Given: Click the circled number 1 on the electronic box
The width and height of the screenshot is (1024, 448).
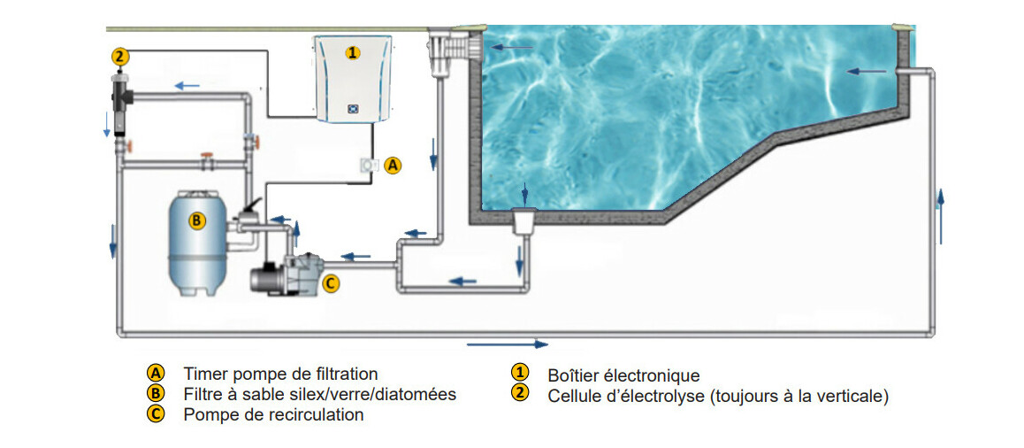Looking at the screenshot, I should [x=352, y=53].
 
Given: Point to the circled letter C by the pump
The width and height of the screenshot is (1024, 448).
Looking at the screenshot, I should [x=330, y=283].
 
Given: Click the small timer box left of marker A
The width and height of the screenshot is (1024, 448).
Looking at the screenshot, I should [x=368, y=166].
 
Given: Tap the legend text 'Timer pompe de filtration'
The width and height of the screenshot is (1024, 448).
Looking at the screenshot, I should [x=280, y=374].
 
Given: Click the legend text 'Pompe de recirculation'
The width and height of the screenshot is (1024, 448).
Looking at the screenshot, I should [x=273, y=414].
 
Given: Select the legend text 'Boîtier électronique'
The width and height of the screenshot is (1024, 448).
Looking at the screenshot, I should [x=623, y=375].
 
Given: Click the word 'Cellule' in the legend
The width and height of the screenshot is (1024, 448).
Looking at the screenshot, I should [x=576, y=396].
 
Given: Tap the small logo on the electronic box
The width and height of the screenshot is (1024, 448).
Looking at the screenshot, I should [x=352, y=109].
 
